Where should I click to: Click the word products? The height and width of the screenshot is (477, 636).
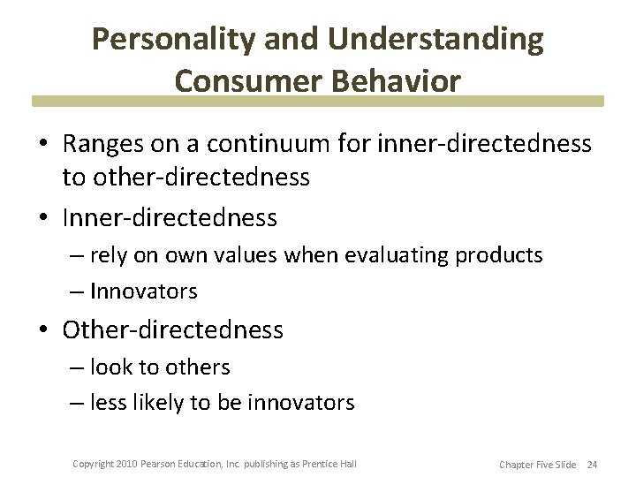coord(498,256)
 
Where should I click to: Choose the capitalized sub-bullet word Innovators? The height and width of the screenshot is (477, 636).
coord(143,291)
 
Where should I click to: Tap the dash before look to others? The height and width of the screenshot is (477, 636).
coord(77,367)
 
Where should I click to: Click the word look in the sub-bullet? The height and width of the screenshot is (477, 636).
coord(109,367)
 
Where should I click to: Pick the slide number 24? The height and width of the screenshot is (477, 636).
coord(592,464)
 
